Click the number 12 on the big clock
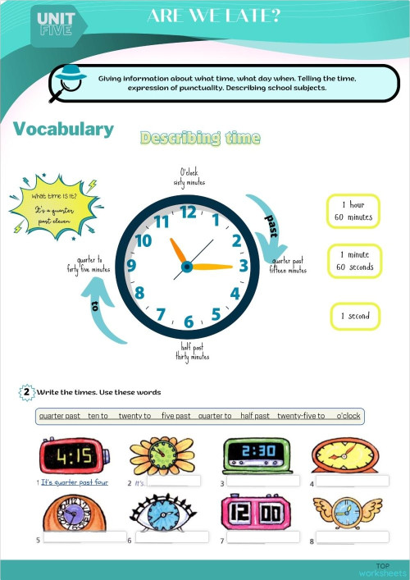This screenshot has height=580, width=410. (188, 212)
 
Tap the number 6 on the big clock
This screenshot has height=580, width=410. (189, 322)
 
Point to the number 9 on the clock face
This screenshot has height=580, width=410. (131, 266)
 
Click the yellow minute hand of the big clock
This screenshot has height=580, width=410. (212, 266)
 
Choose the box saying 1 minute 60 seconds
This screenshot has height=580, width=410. (355, 262)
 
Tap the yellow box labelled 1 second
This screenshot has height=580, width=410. (355, 316)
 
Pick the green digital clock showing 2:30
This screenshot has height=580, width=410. (256, 455)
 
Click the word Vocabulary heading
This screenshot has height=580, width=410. (63, 130)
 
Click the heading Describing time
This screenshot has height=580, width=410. (200, 138)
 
